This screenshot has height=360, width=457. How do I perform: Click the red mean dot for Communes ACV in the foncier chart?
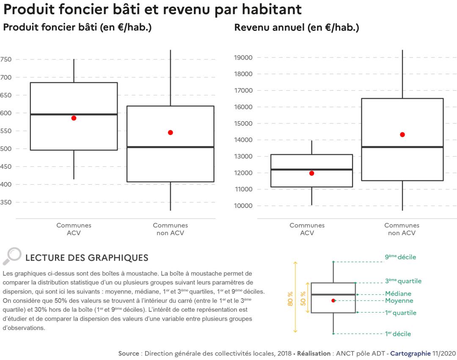[74, 118]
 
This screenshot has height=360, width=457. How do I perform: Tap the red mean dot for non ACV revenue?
[402, 135]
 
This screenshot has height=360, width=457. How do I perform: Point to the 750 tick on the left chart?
[6, 60]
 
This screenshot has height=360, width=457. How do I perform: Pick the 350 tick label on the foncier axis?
[6, 202]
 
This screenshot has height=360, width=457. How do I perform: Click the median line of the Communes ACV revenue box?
[312, 169]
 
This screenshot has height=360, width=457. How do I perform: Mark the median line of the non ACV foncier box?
[171, 147]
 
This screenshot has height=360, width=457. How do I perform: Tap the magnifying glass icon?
[12, 256]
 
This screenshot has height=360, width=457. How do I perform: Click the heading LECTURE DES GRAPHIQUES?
[87, 258]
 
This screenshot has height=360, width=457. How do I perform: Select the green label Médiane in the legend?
[398, 294]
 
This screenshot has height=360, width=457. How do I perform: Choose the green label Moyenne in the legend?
[399, 301]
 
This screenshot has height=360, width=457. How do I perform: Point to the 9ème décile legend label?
[400, 257]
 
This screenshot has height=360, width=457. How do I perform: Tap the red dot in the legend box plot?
[333, 301]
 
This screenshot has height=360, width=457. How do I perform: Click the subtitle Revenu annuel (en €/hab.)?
[297, 28]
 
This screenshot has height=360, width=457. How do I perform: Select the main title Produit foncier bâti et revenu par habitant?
[152, 9]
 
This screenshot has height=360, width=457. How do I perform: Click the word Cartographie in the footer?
[410, 353]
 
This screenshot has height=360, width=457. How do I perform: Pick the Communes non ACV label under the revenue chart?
[402, 229]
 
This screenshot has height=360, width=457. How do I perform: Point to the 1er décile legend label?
[398, 334]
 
